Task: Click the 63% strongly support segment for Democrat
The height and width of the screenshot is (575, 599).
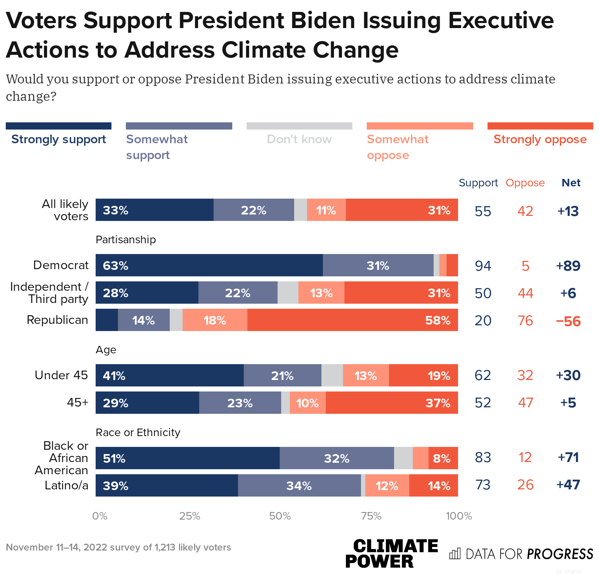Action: pos(209,265)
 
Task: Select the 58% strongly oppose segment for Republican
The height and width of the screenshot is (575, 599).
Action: pos(352,320)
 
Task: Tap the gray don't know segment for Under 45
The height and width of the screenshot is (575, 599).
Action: pos(332,375)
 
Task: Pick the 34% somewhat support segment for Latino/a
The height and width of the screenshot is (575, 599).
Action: pos(299,485)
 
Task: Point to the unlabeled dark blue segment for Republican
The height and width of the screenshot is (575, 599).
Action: pos(107,320)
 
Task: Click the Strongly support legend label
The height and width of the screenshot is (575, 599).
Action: pos(59,139)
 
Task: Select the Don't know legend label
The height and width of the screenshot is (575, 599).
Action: pos(299,139)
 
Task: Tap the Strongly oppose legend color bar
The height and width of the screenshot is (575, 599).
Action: pos(540,126)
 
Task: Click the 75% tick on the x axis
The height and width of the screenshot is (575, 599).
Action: pos(371,516)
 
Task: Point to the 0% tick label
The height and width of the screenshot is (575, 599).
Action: pos(100,516)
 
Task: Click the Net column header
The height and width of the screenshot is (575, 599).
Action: pos(571,183)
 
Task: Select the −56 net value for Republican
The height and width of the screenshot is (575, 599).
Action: pos(568,321)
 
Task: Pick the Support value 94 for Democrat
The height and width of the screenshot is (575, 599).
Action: pos(483,266)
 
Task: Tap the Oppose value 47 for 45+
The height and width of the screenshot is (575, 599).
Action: pos(525,403)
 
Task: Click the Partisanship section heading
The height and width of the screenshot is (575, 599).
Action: pos(126,240)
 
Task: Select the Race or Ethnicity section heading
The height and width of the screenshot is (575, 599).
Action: pos(138,432)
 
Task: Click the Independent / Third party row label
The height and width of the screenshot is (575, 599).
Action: pos(49,293)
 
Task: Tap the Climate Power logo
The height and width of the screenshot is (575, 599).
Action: pos(391,553)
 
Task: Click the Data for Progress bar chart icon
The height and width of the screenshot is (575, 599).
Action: pos(455,553)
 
